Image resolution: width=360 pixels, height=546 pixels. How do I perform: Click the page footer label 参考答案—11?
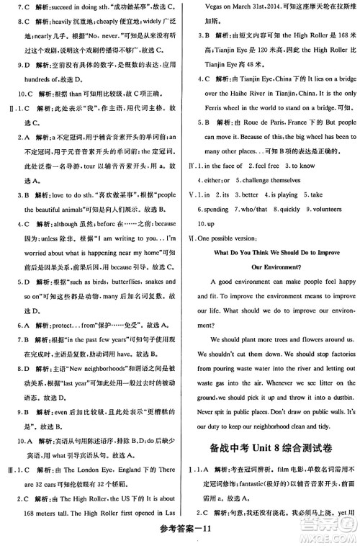[179, 534]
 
